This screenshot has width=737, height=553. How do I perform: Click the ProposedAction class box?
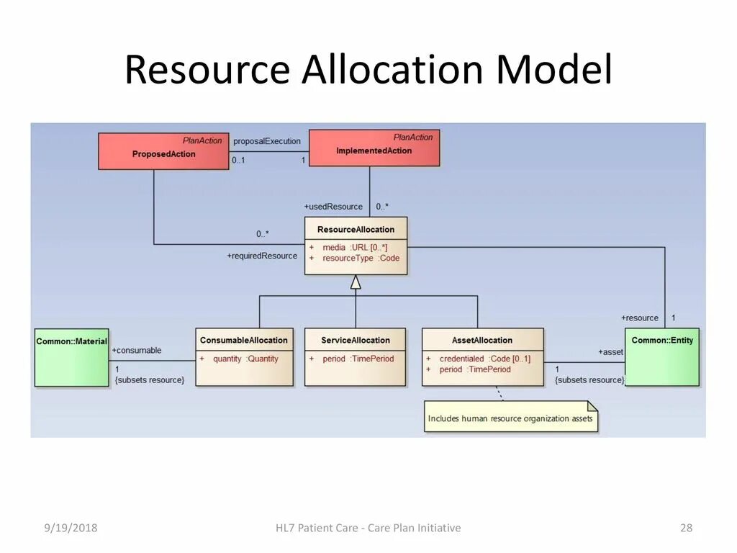(163, 151)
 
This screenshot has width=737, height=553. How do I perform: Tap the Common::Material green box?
(71, 357)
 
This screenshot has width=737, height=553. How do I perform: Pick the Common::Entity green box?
(661, 357)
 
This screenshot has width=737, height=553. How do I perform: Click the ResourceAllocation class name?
(356, 230)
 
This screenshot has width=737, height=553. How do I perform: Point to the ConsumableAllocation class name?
(243, 341)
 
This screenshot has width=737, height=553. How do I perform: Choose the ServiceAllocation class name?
(356, 341)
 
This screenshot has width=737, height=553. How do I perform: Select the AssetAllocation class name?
(482, 341)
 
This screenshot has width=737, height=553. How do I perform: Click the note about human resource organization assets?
(510, 418)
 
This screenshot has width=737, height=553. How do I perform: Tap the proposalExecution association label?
(267, 141)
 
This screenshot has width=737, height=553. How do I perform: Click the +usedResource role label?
(333, 207)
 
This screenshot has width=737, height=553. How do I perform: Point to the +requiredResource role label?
(262, 256)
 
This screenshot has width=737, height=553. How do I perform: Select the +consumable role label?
(137, 350)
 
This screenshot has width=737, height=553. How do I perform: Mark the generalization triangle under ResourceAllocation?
(356, 282)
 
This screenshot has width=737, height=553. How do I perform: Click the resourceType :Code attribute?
(361, 258)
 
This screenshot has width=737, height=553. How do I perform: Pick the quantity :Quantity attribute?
(245, 359)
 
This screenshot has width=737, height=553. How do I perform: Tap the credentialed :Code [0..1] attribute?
(484, 359)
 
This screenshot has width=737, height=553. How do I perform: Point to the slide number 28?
(686, 529)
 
